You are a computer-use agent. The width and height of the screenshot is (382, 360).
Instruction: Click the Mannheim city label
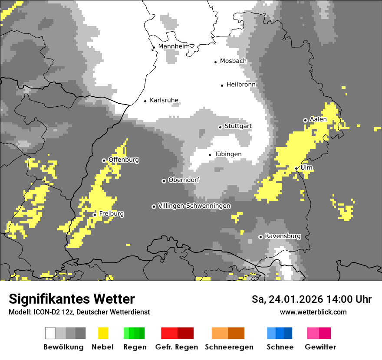pos(174,46)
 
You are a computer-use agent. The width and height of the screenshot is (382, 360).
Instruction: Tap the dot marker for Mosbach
pos(215,62)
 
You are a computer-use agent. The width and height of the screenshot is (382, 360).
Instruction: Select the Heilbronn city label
pos(241,85)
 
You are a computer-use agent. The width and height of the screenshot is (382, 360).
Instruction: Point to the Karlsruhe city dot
pos(145,101)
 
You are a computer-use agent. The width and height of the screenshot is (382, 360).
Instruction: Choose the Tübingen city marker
pos(210,155)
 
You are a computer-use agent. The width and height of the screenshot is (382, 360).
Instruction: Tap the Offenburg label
pos(124,160)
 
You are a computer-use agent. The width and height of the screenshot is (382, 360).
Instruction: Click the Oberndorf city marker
pos(164,181)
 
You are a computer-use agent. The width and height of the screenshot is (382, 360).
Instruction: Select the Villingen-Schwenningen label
pos(194,206)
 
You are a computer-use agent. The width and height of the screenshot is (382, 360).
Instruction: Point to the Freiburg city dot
pos(95,215)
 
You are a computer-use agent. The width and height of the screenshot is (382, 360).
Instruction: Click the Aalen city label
pos(318,119)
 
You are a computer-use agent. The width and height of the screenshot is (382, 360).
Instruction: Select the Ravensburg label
pos(283,236)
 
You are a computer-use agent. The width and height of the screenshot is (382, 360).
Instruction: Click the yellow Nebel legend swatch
pos(103,333)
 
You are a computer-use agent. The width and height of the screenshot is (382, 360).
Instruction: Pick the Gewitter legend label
pos(320,347)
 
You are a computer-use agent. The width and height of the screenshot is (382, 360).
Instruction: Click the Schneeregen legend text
pos(229,347)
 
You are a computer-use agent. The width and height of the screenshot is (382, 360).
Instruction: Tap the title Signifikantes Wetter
pos(72,299)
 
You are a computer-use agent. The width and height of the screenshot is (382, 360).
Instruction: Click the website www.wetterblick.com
pos(313,312)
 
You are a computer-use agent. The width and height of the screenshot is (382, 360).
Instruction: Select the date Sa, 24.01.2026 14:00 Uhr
pos(311,299)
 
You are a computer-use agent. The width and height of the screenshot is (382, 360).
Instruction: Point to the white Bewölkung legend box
pos(50,333)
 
